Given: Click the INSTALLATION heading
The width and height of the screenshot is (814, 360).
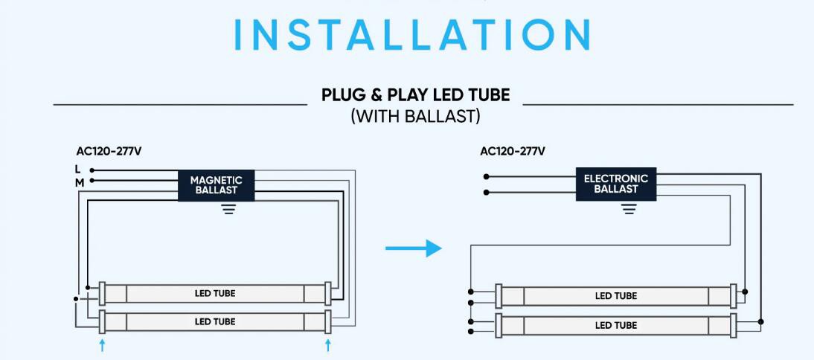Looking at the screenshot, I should point(413,34).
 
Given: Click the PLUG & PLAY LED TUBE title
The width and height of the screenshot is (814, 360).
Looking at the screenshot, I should point(415,95).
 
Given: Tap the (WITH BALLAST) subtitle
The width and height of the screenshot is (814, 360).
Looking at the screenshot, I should point(415,117).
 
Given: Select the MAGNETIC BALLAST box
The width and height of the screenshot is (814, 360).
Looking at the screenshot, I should point(216,184).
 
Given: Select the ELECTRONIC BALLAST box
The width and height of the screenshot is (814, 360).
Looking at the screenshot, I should point(616,184).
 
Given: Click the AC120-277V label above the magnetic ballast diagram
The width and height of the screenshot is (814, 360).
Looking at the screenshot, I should point(109,151).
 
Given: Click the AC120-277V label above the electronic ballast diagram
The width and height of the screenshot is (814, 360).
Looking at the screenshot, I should point(513,151).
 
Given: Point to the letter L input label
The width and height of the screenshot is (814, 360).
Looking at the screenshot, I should point(78,170).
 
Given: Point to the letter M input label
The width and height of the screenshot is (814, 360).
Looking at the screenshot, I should point(79,181).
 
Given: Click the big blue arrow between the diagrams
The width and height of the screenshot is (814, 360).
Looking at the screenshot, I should point(414,248).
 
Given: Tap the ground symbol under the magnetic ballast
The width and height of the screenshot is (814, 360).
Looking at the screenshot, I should point(228,209).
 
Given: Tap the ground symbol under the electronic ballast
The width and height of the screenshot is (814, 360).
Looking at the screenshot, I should point(629,209).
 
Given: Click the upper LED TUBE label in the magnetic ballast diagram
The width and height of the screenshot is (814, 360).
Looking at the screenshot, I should point(215,293).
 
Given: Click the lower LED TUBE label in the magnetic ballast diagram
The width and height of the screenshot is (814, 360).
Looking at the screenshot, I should point(215,321).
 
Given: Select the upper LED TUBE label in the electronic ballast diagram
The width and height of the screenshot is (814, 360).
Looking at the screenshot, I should point(615,296).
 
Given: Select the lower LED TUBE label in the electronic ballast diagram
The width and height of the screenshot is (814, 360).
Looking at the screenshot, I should point(615,325).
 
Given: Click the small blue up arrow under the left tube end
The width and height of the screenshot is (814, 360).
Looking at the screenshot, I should point(103,344).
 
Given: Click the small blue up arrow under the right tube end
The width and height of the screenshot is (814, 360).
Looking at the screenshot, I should point(327,344).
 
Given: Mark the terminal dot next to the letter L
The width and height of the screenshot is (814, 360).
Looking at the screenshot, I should point(92,170).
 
